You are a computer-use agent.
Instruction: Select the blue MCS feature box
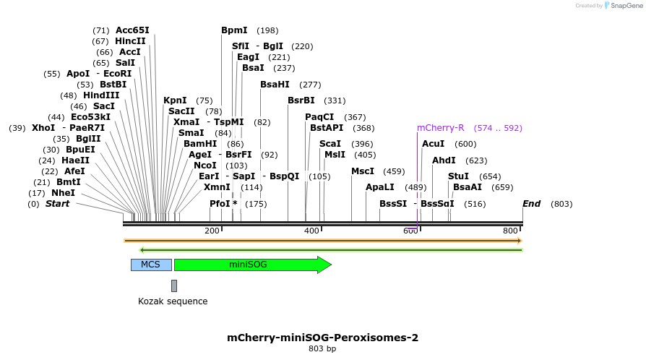point(150,265)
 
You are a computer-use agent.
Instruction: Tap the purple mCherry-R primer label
point(440,128)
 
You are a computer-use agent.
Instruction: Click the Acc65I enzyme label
point(132,30)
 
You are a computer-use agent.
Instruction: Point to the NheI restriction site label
point(63,193)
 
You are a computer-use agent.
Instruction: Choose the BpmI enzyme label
point(234,30)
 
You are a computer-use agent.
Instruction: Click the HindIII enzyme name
point(100,95)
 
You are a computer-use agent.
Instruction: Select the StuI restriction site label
point(458,176)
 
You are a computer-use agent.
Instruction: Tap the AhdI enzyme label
point(444,160)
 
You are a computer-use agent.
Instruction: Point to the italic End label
point(531,204)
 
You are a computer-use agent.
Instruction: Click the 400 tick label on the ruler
point(311,231)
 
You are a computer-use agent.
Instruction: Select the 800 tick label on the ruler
point(510,231)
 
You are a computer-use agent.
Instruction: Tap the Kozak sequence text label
point(173,301)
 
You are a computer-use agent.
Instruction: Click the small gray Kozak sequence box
point(174,286)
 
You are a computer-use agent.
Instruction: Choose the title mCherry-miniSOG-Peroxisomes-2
point(322,338)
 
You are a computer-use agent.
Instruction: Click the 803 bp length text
point(322,349)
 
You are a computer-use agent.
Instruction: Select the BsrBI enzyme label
point(301,100)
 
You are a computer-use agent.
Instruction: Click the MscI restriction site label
point(363,171)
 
